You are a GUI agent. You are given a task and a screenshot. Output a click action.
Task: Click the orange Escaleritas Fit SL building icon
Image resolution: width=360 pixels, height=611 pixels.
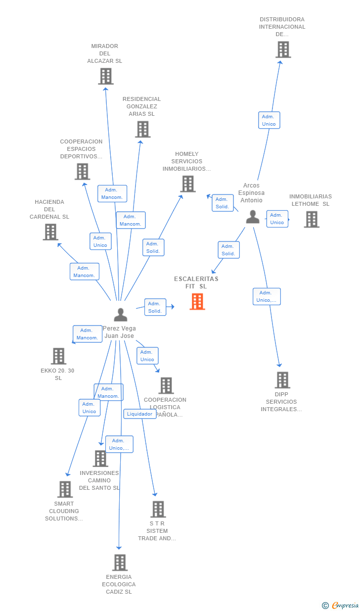[197, 301]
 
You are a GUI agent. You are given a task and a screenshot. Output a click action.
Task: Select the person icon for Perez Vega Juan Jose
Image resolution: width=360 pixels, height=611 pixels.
[120, 315]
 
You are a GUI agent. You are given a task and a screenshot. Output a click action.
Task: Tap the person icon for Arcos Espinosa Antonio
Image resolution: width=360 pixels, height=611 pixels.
[253, 217]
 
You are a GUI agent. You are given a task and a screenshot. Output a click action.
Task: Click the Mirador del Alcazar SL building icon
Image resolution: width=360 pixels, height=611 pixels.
[105, 76]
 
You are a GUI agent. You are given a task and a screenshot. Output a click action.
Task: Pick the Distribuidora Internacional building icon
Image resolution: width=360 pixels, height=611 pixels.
[283, 49]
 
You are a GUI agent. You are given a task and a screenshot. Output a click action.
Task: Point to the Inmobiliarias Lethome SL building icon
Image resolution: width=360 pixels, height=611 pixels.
[312, 219]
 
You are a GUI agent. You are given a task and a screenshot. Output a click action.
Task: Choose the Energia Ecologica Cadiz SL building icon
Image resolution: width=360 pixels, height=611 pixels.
[120, 563]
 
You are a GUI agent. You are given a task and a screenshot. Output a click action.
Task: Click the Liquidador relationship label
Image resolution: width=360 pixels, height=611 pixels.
[140, 414]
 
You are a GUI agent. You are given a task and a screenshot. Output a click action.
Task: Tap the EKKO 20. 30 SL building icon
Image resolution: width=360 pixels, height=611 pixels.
[58, 356]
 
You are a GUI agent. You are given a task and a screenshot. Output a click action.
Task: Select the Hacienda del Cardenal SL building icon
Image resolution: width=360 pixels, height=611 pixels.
[50, 232]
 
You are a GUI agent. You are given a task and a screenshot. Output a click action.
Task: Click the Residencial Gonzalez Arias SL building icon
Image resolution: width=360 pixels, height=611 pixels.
[142, 129]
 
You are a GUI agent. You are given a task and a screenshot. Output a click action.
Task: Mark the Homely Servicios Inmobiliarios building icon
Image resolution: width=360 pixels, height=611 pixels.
[188, 184]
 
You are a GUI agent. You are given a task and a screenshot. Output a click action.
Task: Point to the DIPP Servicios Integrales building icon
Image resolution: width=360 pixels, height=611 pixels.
[282, 380]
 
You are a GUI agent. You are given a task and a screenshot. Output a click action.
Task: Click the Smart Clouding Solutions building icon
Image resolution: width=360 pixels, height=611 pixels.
[65, 489]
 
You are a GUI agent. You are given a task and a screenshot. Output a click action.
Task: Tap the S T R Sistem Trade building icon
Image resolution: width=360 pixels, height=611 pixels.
[158, 509]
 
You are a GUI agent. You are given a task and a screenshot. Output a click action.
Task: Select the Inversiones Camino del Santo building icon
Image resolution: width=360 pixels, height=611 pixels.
[100, 459]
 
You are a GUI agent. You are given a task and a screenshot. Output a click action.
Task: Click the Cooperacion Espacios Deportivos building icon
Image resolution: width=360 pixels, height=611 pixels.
[82, 171]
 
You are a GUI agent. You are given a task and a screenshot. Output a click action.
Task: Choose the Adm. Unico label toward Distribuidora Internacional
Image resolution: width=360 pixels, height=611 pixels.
[269, 120]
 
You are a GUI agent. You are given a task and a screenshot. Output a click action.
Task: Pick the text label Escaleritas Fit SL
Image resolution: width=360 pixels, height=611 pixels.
[196, 282]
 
